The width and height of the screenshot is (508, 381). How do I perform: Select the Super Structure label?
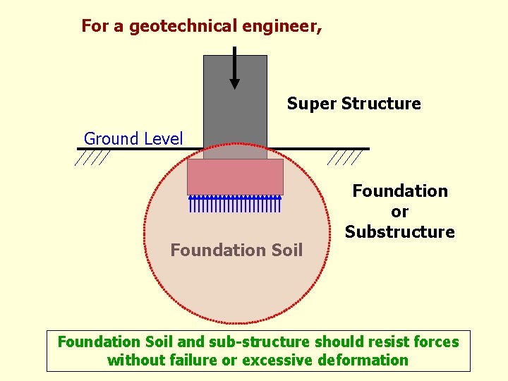click(x=353, y=104)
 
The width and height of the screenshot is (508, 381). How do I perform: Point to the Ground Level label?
click(x=133, y=138)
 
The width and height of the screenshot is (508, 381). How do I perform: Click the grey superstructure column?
click(x=235, y=113)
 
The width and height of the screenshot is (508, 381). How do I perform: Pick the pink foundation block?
click(x=235, y=176)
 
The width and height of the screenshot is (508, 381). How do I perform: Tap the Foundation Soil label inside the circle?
click(x=236, y=250)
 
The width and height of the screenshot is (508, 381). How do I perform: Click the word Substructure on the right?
click(x=400, y=232)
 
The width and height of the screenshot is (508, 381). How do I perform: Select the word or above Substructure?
click(x=400, y=212)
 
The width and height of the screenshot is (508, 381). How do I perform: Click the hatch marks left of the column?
click(x=92, y=158)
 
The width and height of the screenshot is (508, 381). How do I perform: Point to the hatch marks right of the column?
click(x=346, y=158)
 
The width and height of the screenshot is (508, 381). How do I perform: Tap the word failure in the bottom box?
click(x=193, y=361)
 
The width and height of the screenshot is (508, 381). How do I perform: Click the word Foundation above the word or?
click(x=400, y=191)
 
